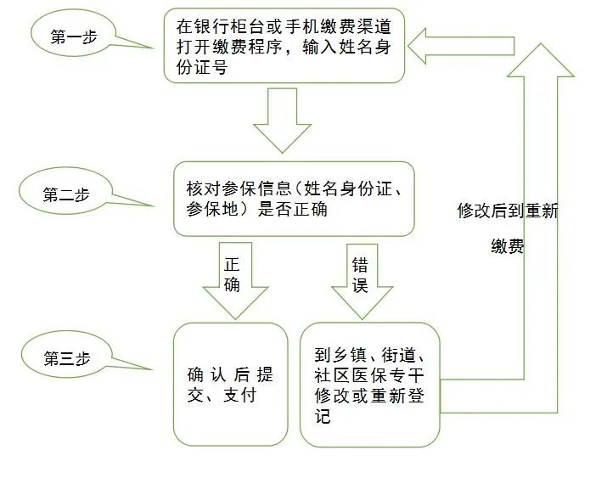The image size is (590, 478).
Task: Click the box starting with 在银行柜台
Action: point(284,46)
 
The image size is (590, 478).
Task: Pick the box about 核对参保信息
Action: point(294,199)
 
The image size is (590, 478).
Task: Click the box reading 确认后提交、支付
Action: point(230,385)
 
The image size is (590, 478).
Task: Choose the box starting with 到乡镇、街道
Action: point(370,385)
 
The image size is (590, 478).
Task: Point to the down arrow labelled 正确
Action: point(235,280)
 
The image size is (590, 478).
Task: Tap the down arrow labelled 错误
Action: point(362,282)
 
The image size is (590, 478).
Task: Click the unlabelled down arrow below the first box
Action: point(282,120)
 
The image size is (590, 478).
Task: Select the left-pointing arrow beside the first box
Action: point(461,46)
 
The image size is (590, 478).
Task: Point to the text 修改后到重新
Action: point(508,211)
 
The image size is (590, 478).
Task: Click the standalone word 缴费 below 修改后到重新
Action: point(508,247)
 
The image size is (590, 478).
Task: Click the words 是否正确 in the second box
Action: point(292,209)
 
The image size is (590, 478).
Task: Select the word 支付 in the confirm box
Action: point(239,395)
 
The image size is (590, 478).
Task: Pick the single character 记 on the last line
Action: point(323,416)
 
